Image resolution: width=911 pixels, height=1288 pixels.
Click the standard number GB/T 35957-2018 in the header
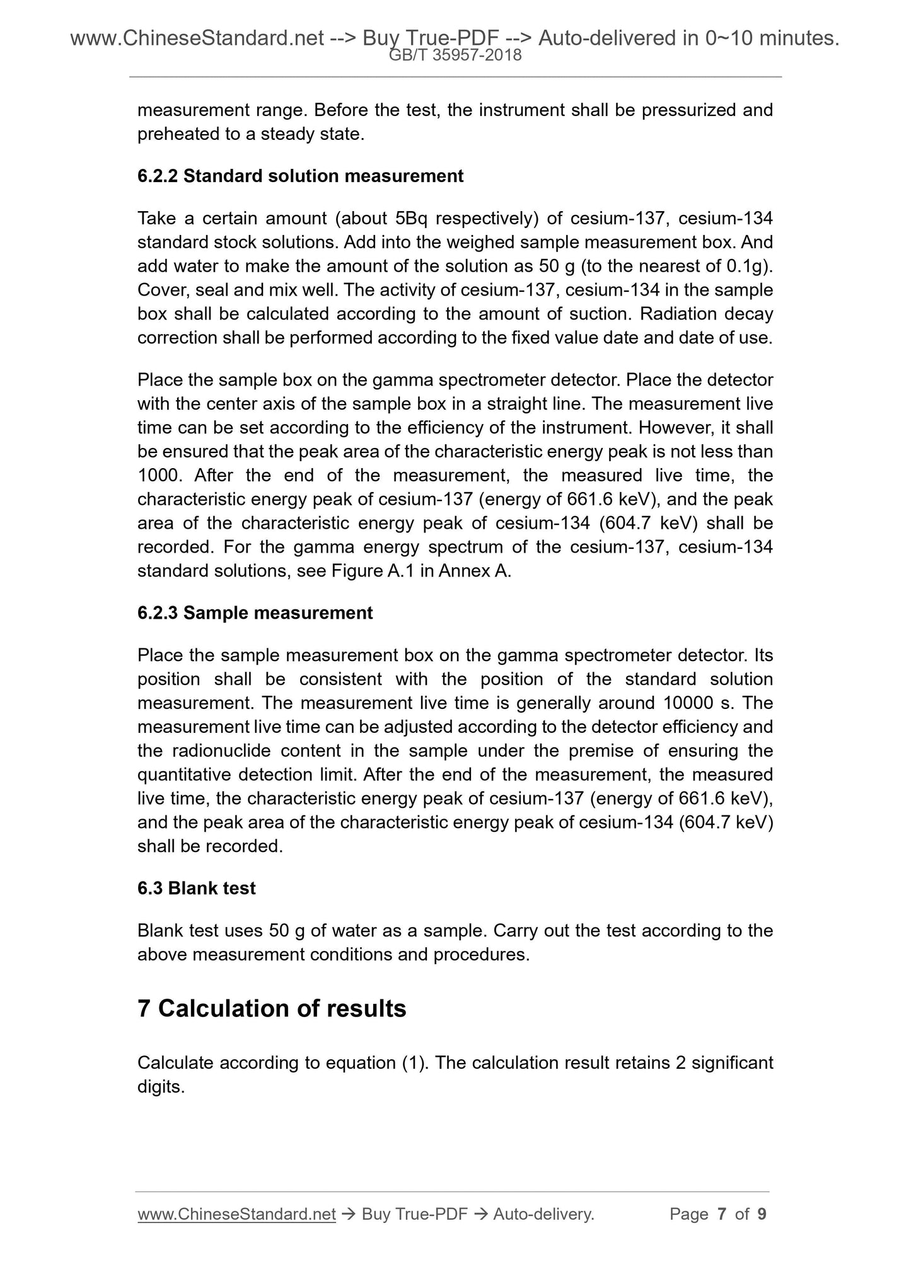(x=455, y=55)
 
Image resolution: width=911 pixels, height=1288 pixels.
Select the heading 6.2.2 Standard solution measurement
(x=300, y=176)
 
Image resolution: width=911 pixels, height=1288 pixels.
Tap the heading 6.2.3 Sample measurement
(x=255, y=613)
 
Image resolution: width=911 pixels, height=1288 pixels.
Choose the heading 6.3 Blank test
(x=196, y=888)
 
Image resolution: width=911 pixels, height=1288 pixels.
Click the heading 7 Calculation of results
(x=272, y=1009)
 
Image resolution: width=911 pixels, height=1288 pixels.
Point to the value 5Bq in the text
(x=412, y=219)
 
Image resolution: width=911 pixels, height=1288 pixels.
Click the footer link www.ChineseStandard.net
(x=236, y=1214)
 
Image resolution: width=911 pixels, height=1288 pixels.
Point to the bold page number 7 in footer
(x=722, y=1214)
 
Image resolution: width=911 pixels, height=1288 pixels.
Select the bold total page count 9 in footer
(x=762, y=1214)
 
